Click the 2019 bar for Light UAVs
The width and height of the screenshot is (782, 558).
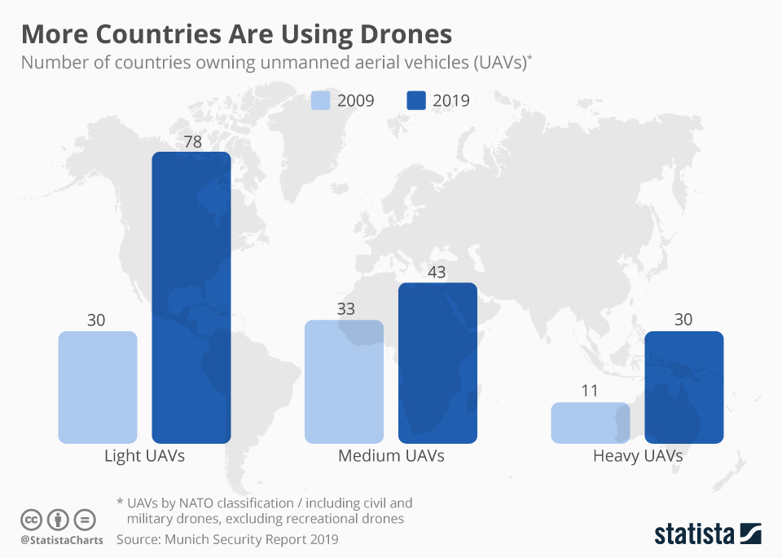tap(191, 298)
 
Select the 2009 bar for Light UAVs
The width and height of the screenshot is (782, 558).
tap(98, 387)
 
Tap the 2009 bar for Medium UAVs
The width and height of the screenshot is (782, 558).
tap(344, 382)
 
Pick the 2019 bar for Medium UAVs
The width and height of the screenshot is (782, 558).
tap(437, 363)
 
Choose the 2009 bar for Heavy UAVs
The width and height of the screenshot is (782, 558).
tap(590, 423)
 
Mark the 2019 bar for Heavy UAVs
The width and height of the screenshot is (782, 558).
tap(683, 387)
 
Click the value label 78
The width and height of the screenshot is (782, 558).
tap(192, 142)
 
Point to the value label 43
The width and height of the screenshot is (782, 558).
tap(437, 272)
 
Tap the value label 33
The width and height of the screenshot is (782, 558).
tap(344, 309)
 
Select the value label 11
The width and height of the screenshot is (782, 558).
tap(590, 391)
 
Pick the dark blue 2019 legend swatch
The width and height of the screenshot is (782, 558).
tap(416, 101)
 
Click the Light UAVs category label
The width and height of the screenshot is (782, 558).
tap(144, 456)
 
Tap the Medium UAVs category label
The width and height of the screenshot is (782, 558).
tap(391, 456)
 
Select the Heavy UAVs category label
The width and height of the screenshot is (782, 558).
tap(637, 456)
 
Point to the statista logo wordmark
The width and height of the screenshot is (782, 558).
tap(695, 534)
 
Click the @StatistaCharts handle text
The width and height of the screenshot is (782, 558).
tap(61, 540)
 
